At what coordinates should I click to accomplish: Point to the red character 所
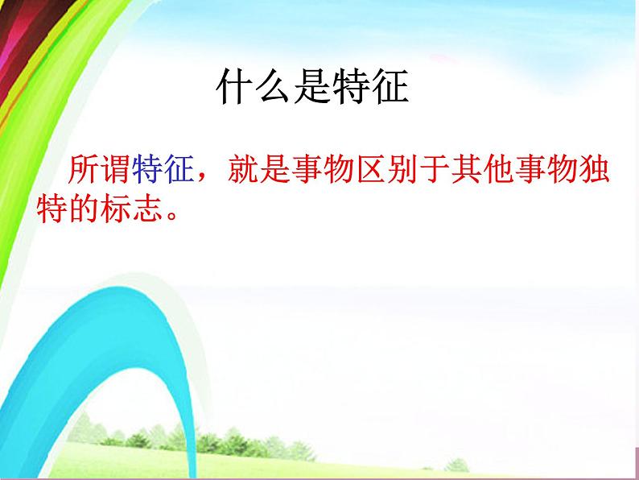pyautogui.click(x=85, y=171)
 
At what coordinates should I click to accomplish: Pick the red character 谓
pyautogui.click(x=115, y=171)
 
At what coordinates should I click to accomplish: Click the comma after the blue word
pyautogui.click(x=204, y=179)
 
